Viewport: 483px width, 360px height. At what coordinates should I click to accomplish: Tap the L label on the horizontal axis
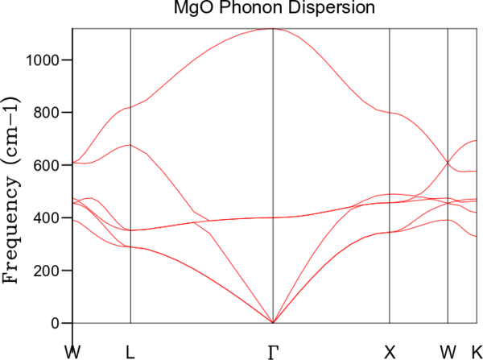click(130, 351)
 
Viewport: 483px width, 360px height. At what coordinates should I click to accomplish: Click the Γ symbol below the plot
click(273, 351)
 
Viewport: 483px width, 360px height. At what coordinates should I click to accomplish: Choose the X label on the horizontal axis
click(390, 351)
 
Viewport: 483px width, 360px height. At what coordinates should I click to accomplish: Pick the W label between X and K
click(448, 351)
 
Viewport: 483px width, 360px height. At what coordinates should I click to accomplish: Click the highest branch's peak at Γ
click(273, 29)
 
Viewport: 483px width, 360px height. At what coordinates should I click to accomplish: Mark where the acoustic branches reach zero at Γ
click(273, 323)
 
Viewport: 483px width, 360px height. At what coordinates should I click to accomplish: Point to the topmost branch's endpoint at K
click(477, 141)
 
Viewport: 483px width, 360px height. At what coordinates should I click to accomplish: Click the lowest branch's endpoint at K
click(477, 236)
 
